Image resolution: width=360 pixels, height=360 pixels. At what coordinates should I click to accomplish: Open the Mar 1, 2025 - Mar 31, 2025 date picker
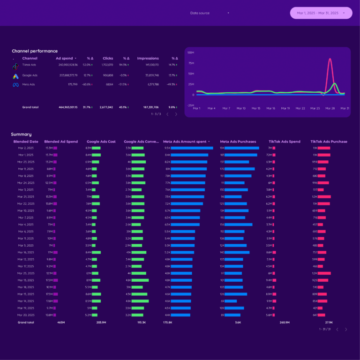click(x=321, y=13)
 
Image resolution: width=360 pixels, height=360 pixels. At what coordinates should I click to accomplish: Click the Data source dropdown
click(x=210, y=13)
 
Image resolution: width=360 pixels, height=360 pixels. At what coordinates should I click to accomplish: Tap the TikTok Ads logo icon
click(x=15, y=66)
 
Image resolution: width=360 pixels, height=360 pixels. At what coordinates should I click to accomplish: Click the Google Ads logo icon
click(x=15, y=76)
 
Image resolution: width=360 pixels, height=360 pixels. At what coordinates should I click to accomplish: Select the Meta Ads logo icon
click(x=15, y=85)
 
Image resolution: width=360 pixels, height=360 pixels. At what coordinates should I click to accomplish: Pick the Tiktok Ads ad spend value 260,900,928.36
click(x=66, y=65)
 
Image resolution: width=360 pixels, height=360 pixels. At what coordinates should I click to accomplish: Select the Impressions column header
click(x=148, y=59)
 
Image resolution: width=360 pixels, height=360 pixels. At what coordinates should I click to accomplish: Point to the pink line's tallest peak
click(x=330, y=59)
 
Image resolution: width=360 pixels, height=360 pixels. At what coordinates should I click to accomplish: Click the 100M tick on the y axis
click(x=191, y=52)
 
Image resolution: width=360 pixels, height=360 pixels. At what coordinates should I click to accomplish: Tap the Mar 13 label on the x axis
click(x=255, y=108)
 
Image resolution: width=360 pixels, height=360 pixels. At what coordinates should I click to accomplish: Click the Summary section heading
click(x=22, y=135)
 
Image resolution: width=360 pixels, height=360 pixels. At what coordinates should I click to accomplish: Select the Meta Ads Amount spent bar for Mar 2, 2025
click(x=192, y=148)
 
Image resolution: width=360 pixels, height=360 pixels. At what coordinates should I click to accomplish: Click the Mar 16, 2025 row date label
click(x=26, y=252)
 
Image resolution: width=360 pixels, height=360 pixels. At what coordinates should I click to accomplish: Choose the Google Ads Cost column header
click(x=102, y=142)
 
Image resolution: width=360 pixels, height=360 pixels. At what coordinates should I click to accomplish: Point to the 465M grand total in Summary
click(x=61, y=322)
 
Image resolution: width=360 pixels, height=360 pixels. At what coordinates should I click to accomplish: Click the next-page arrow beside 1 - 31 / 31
click(x=346, y=330)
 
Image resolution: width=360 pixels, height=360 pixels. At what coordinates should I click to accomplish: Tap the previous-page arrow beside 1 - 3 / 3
click(x=168, y=114)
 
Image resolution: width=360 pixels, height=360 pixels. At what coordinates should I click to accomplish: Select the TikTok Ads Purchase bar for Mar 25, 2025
click(x=324, y=273)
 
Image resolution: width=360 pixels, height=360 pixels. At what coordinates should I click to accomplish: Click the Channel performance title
click(x=35, y=51)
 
